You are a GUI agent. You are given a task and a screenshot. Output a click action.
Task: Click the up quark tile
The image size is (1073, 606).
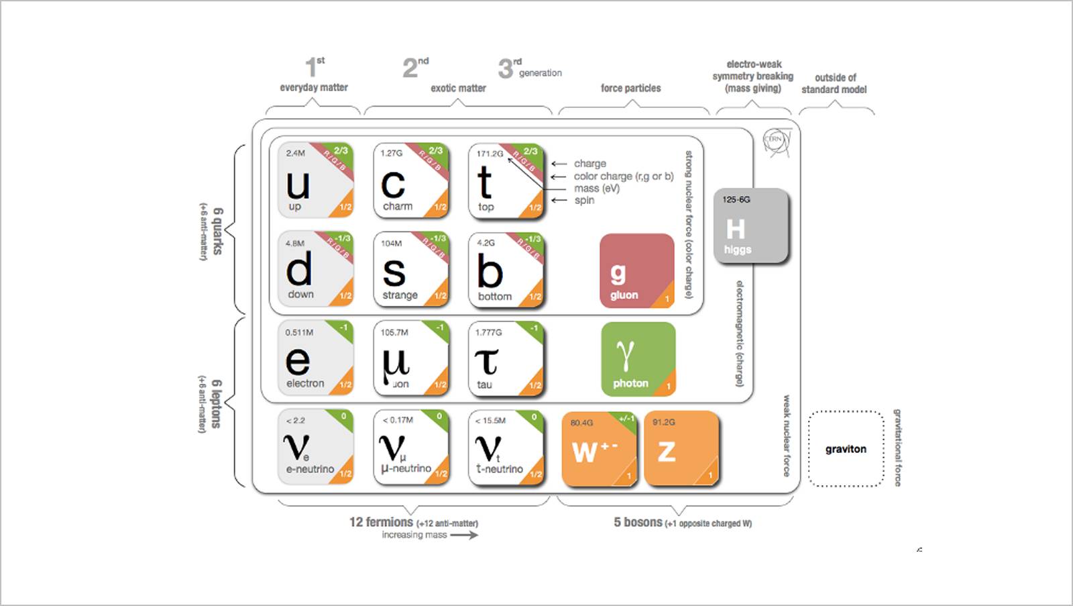pos(316,181)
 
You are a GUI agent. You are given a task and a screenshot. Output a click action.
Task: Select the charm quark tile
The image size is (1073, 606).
pos(410,181)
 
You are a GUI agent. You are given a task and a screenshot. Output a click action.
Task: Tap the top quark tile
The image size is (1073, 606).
pos(506,181)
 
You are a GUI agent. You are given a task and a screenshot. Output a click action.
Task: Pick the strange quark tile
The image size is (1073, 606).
pos(410,270)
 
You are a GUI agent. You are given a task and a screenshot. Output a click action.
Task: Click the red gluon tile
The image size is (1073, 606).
pos(636,270)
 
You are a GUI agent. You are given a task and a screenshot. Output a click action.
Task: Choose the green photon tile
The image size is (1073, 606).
pos(638,359)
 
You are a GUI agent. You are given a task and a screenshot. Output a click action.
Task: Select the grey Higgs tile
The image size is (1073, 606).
pos(751,225)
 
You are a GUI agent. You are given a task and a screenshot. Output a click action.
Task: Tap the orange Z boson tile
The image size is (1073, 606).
pos(681,448)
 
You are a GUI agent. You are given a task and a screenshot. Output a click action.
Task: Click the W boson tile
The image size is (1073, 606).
pos(599,448)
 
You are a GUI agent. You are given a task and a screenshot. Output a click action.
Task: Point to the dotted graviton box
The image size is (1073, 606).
pos(846,448)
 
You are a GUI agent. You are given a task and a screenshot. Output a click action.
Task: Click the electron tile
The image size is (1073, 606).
pos(316,358)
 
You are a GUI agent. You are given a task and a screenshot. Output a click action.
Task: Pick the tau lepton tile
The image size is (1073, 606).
pos(506,358)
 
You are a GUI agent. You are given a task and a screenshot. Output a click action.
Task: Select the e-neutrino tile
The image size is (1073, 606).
pos(316,448)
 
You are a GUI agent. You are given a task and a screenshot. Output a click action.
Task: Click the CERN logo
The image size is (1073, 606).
pos(777,142)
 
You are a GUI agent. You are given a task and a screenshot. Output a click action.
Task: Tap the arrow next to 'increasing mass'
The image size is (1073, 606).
pos(464,535)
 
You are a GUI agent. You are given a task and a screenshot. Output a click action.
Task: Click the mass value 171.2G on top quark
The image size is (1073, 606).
pos(490,154)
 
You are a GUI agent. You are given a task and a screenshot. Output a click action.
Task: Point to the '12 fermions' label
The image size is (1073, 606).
pos(381,522)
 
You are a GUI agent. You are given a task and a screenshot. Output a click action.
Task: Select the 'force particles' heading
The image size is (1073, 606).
pos(630,88)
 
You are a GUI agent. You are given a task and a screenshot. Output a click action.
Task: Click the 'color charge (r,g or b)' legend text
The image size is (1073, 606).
pos(623,176)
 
